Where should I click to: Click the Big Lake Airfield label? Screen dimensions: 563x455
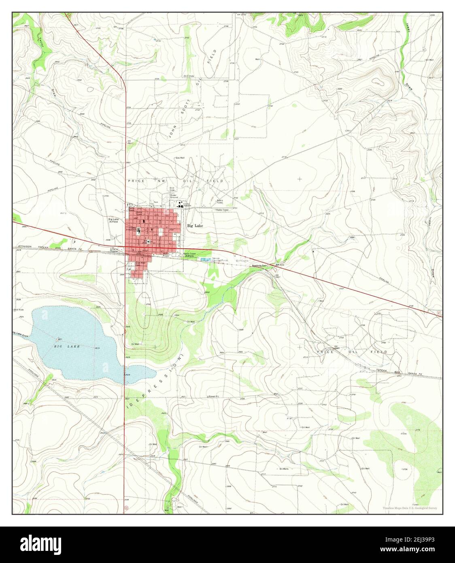pyautogui.click(x=114, y=220)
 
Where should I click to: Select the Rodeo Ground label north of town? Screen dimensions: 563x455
pyautogui.click(x=174, y=196)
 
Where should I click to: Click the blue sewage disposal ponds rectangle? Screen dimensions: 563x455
pyautogui.click(x=206, y=259)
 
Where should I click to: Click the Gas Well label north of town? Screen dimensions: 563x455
pyautogui.click(x=180, y=158)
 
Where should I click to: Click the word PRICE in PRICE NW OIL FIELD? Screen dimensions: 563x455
pyautogui.click(x=134, y=181)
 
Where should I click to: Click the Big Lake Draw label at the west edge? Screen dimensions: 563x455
pyautogui.click(x=20, y=333)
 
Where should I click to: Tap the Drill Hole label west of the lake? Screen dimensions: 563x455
pyautogui.click(x=19, y=310)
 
